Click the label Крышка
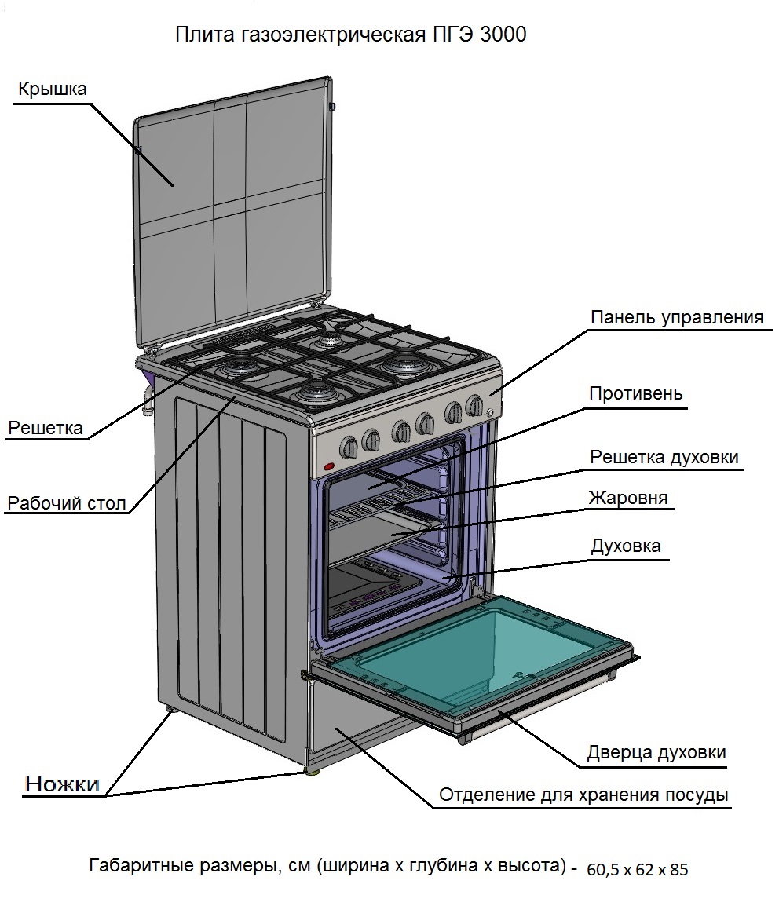pyautogui.click(x=52, y=90)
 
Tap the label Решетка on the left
pyautogui.click(x=46, y=428)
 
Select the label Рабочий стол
pyautogui.click(x=66, y=502)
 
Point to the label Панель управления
pyautogui.click(x=676, y=317)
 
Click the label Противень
pyautogui.click(x=636, y=393)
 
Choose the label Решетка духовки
pyautogui.click(x=664, y=456)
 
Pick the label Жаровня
pyautogui.click(x=627, y=498)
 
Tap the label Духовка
pyautogui.click(x=625, y=546)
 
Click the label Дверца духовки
pyautogui.click(x=656, y=752)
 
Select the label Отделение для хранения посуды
pyautogui.click(x=583, y=795)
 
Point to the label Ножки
pyautogui.click(x=63, y=783)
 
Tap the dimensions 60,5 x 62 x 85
pyautogui.click(x=637, y=869)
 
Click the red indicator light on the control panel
pyautogui.click(x=329, y=468)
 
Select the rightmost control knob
pyautogui.click(x=474, y=406)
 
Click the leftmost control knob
pyautogui.click(x=348, y=447)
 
